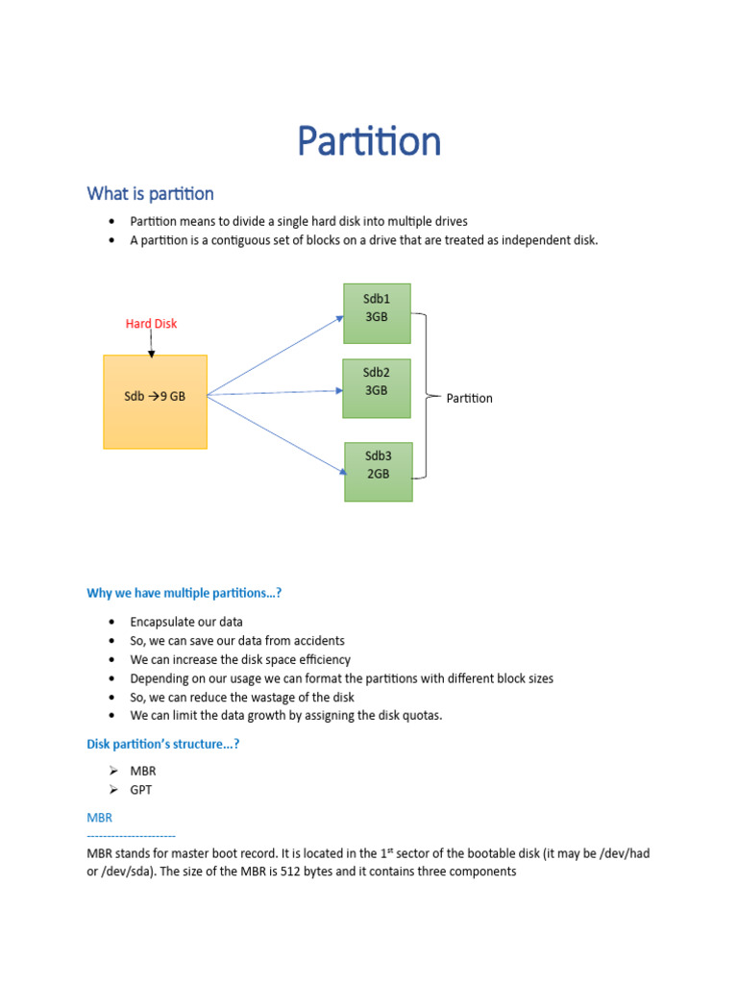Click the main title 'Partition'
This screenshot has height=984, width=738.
(x=368, y=142)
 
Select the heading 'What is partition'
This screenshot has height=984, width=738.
(x=150, y=194)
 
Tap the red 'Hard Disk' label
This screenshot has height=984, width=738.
(x=151, y=324)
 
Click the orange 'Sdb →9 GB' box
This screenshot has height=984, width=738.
(x=155, y=401)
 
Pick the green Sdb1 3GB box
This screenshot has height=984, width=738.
(x=377, y=313)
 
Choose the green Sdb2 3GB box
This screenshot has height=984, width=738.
(x=376, y=388)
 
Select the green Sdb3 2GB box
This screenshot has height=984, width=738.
(x=378, y=472)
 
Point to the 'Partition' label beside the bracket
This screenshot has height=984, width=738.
(x=469, y=398)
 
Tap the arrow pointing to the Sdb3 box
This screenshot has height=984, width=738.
(x=279, y=434)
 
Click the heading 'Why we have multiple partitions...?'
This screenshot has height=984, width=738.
(x=184, y=594)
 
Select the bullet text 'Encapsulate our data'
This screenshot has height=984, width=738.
(x=186, y=622)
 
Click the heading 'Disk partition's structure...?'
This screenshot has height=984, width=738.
(x=162, y=744)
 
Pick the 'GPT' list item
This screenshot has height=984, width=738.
(x=141, y=790)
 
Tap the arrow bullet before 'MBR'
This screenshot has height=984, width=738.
(x=112, y=771)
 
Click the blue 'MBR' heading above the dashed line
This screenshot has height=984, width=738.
(x=100, y=818)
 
